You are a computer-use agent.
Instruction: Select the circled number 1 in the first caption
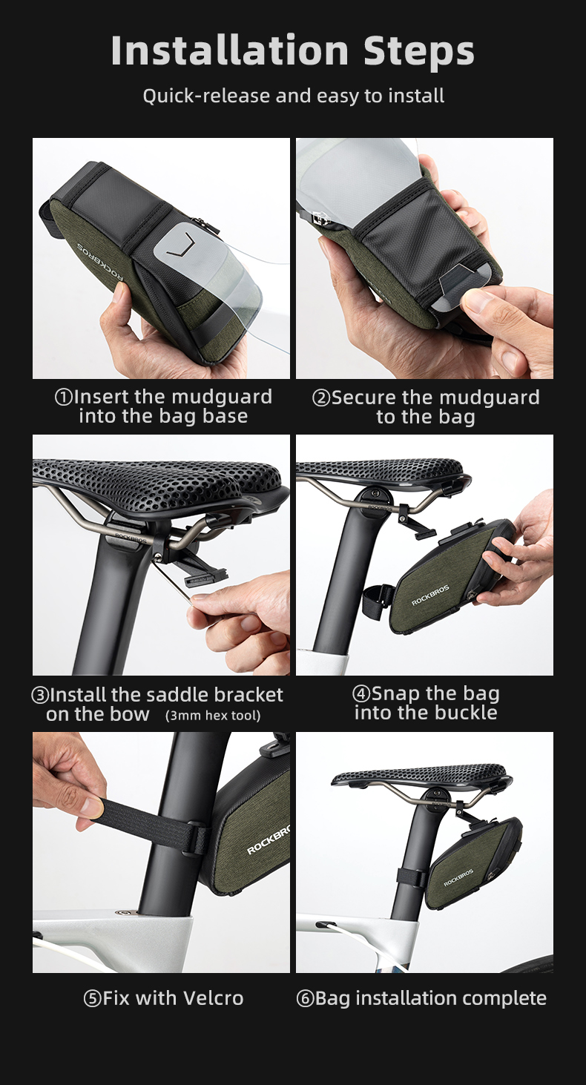[64, 398]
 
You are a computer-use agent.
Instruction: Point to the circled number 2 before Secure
[321, 398]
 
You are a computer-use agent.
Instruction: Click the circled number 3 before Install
[40, 695]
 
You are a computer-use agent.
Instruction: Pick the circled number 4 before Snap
[361, 693]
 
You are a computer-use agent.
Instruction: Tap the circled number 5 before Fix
[92, 998]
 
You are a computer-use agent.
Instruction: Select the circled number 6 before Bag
[305, 998]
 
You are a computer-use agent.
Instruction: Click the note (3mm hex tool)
[213, 716]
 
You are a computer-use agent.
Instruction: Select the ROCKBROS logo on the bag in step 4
[430, 596]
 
